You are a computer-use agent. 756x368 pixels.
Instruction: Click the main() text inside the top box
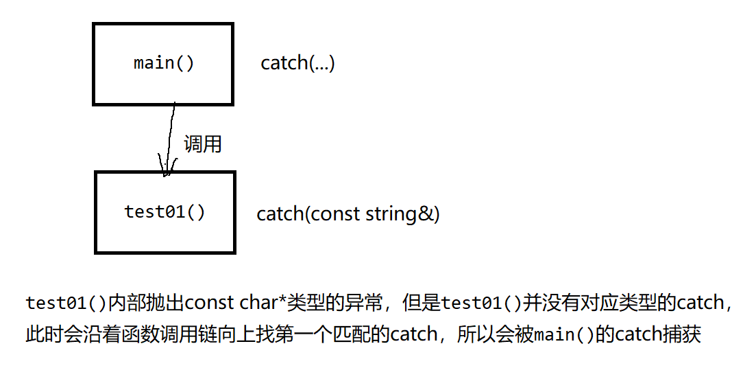point(164,63)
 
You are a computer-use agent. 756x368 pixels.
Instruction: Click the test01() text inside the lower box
point(164,211)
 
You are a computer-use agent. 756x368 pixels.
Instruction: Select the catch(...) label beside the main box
point(297,63)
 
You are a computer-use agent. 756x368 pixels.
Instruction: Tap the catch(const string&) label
point(348,214)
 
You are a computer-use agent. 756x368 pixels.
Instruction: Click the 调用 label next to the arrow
point(202,144)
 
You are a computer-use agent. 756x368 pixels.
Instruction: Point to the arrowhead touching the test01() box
point(165,170)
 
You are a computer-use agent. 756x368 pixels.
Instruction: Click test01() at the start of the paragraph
point(66,303)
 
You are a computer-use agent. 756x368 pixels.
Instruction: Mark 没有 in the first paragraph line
point(576,303)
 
